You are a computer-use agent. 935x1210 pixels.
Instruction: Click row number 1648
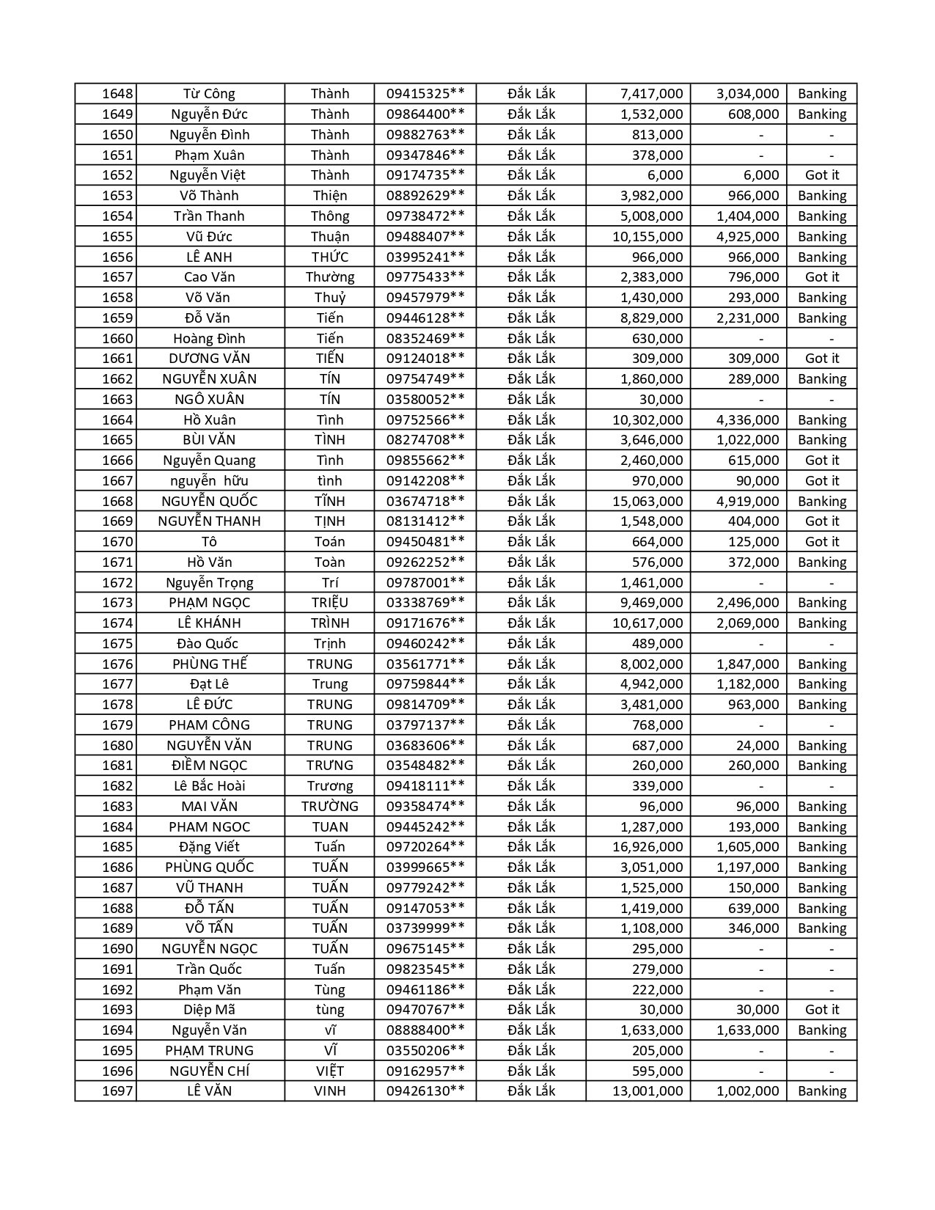(x=117, y=94)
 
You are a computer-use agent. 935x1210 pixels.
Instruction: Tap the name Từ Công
(x=209, y=94)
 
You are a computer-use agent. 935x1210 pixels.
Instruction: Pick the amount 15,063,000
(x=648, y=501)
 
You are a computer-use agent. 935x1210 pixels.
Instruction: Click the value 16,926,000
(x=648, y=846)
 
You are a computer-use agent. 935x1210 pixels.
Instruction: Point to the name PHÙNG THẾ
(x=209, y=664)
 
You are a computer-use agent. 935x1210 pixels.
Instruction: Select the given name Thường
(x=330, y=277)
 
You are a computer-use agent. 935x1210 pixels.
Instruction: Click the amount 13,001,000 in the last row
(x=648, y=1090)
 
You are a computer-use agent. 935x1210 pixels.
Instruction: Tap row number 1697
(x=117, y=1090)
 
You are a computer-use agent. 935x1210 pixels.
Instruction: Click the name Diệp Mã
(x=209, y=1009)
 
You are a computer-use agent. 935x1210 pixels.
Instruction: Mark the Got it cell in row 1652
(x=821, y=175)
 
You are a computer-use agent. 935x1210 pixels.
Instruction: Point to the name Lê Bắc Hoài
(x=209, y=785)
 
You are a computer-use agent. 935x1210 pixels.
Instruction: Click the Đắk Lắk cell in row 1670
(x=531, y=541)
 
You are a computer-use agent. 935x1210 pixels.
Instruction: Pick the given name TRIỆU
(x=330, y=603)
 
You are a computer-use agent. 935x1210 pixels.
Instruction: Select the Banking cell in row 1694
(x=821, y=1030)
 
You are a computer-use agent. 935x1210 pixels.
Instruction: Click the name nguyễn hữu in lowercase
(x=209, y=481)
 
